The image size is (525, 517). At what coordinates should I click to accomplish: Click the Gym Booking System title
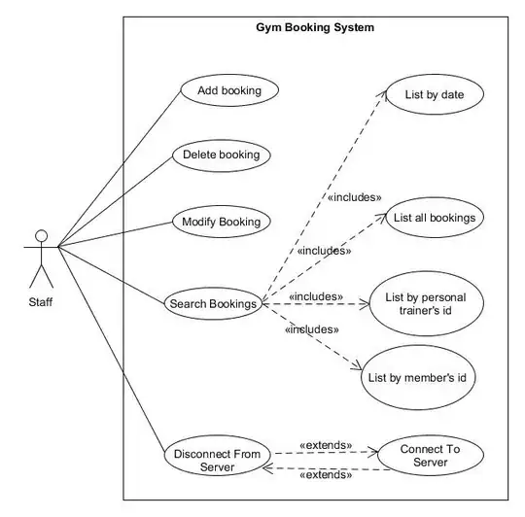(315, 28)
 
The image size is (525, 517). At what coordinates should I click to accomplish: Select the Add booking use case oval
(229, 91)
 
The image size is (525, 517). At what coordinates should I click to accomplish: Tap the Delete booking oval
(221, 155)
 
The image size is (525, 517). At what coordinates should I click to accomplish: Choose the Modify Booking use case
(222, 222)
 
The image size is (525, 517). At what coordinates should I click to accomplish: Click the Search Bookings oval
(213, 304)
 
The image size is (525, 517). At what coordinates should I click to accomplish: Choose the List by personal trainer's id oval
(420, 303)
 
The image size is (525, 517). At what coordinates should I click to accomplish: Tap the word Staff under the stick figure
(41, 301)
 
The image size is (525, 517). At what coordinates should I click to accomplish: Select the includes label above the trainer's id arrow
(315, 296)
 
